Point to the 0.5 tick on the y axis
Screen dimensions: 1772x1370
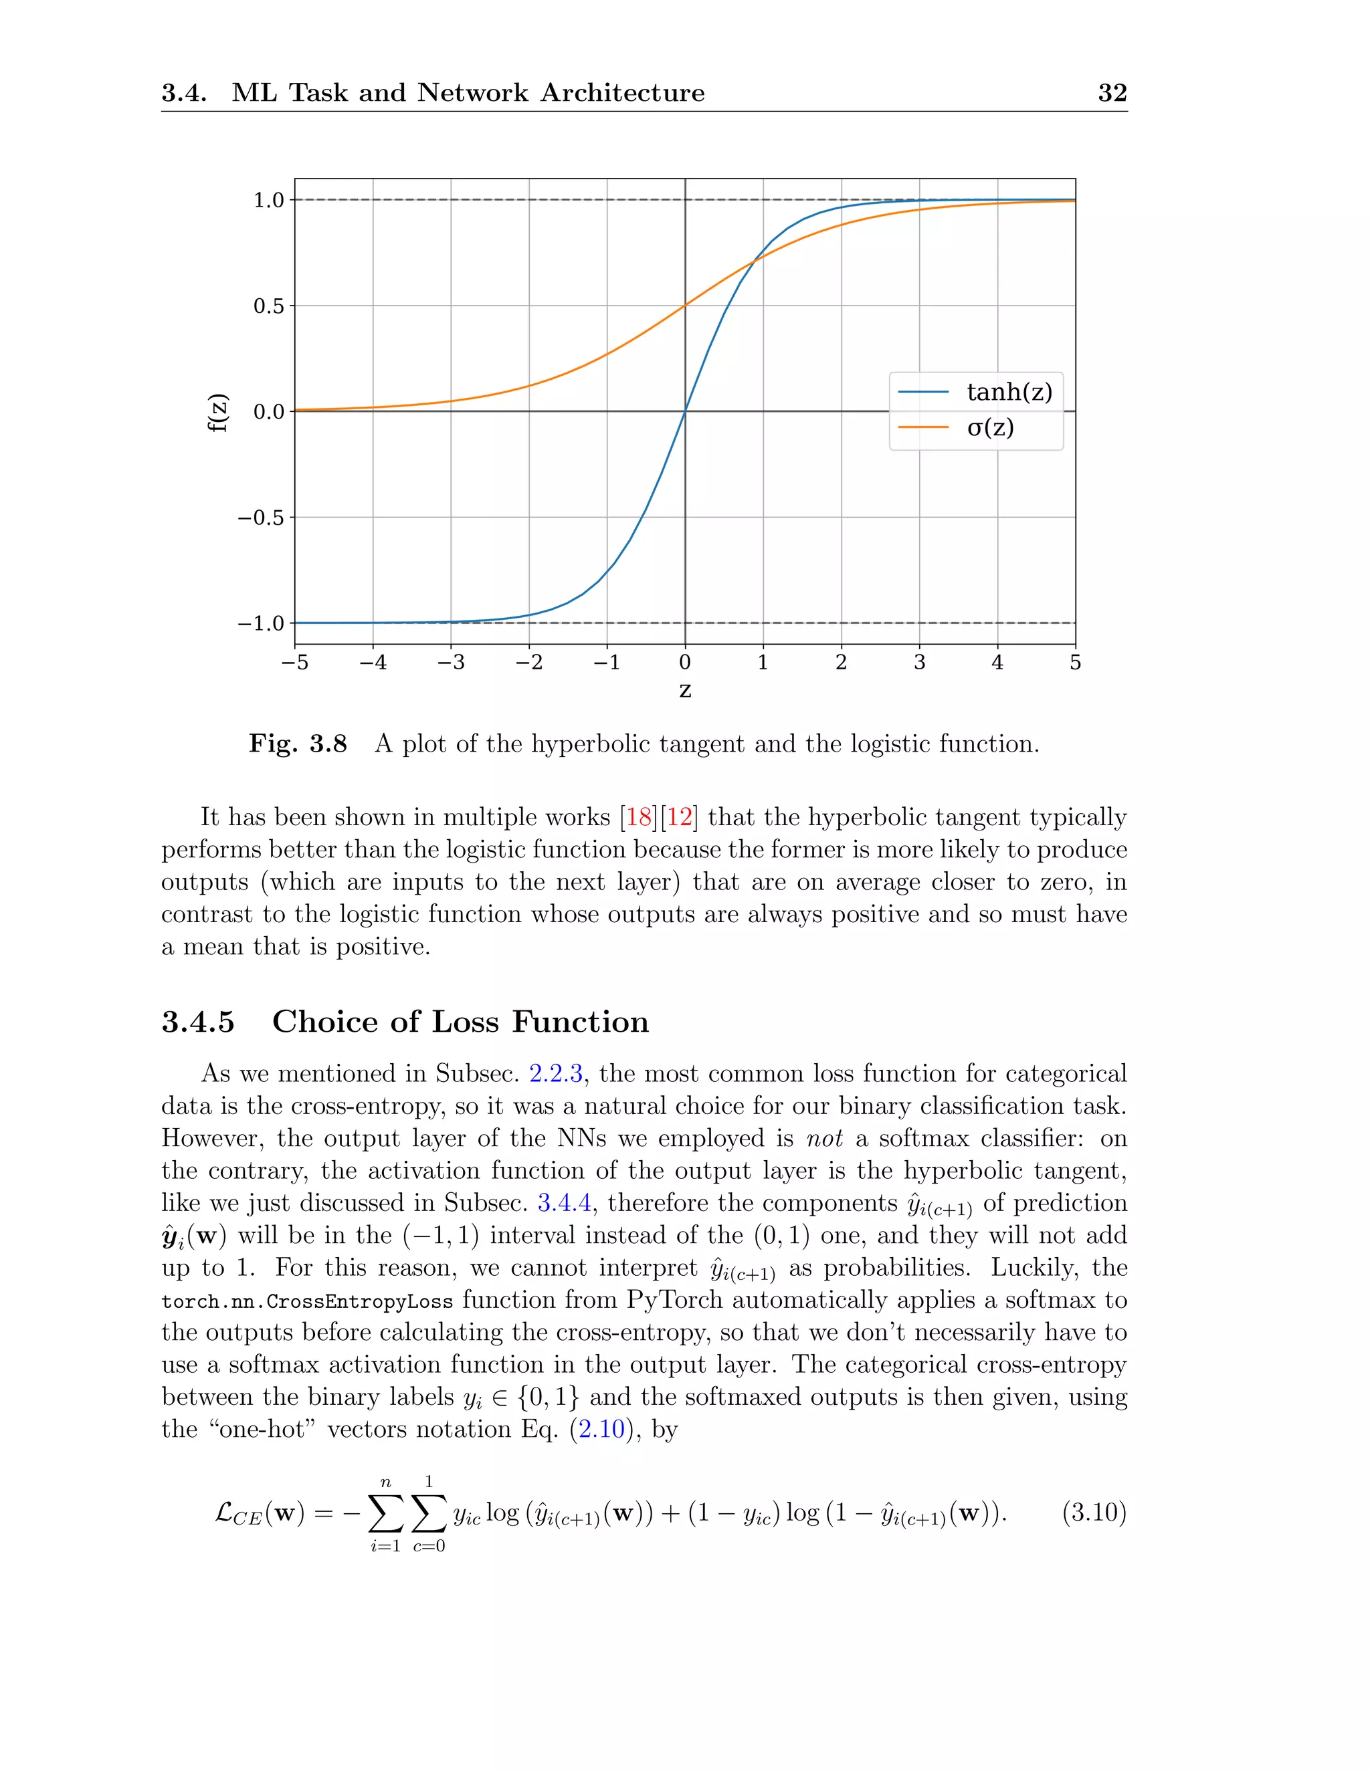click(269, 306)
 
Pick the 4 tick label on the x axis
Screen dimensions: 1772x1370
click(997, 663)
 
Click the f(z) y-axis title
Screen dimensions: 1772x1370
click(217, 412)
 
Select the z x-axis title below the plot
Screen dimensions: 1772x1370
click(685, 691)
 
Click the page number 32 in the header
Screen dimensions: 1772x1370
click(1112, 92)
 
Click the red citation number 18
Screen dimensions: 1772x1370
click(640, 817)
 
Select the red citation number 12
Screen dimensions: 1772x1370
click(680, 817)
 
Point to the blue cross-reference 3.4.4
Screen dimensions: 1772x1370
click(564, 1203)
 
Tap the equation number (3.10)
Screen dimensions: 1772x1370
click(1094, 1513)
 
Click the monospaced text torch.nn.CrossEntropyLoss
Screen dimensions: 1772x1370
click(307, 1301)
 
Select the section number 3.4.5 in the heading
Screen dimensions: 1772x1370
click(198, 1022)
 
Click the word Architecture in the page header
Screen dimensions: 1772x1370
click(623, 92)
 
